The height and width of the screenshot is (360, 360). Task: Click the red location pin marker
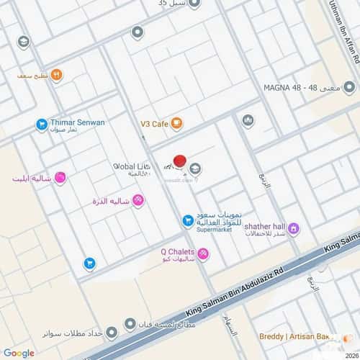coord(180,162)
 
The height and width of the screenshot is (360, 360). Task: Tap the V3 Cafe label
coord(154,124)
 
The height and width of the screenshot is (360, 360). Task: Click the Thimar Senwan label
coord(78,122)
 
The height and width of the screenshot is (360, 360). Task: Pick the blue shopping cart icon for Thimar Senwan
coord(42,125)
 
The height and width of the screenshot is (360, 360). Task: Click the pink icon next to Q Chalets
coord(203,253)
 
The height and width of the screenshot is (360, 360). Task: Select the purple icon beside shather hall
coord(294,228)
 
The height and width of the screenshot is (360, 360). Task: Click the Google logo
coord(19,353)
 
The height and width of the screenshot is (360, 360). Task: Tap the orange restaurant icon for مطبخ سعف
coord(56,74)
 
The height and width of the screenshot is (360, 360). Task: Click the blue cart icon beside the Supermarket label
coord(187,220)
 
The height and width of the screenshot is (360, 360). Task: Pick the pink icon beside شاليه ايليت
coord(60,177)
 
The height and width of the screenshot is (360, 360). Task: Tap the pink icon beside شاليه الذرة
coord(138,199)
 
